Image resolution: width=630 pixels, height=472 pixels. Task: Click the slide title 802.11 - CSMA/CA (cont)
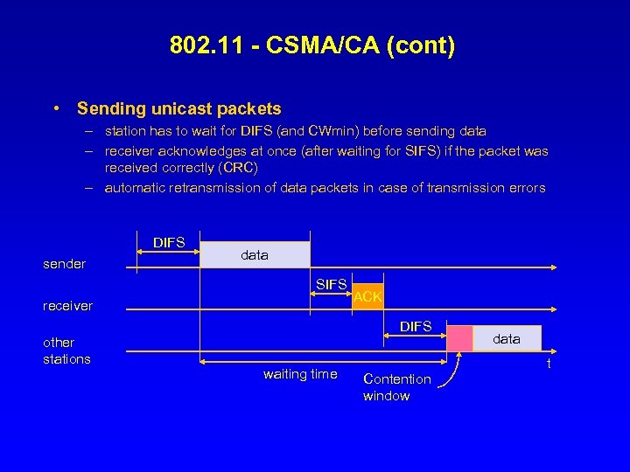tap(313, 45)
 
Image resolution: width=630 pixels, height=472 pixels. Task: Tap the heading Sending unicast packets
tap(179, 109)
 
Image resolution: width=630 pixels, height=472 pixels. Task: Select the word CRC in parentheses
tap(234, 168)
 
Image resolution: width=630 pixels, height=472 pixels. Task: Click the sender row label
tap(65, 264)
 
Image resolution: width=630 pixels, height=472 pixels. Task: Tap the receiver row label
tap(67, 306)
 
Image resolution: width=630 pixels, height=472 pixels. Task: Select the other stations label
tap(66, 351)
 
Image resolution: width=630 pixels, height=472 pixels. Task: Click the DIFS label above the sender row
tap(169, 242)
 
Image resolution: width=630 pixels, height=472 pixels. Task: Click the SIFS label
tap(332, 284)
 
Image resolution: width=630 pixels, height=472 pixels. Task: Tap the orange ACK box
tap(367, 296)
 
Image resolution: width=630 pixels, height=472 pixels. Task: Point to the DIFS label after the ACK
tap(416, 326)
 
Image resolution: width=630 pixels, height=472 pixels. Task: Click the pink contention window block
tap(459, 338)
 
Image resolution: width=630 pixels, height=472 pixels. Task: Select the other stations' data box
tap(507, 338)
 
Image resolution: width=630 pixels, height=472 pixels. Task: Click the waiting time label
tap(300, 374)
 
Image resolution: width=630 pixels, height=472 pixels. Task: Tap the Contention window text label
tap(396, 387)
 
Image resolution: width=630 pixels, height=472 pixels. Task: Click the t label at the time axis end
tap(549, 364)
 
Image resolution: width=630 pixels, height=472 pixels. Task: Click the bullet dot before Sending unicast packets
tap(56, 109)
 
